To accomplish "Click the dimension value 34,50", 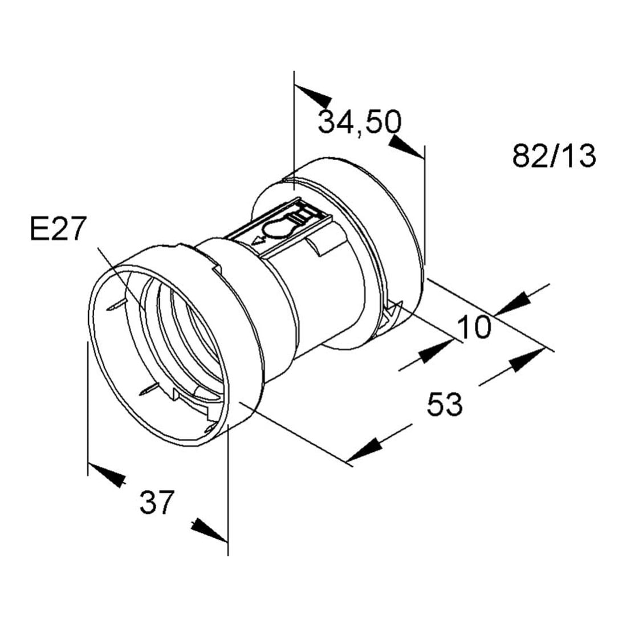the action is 360,122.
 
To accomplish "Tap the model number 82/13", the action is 554,156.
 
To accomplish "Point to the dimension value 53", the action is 445,404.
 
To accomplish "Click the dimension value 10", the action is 474,327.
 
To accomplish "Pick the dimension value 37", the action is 157,502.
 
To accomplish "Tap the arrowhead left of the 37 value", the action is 107,475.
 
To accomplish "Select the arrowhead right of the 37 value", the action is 209,531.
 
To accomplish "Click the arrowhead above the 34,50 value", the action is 313,96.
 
